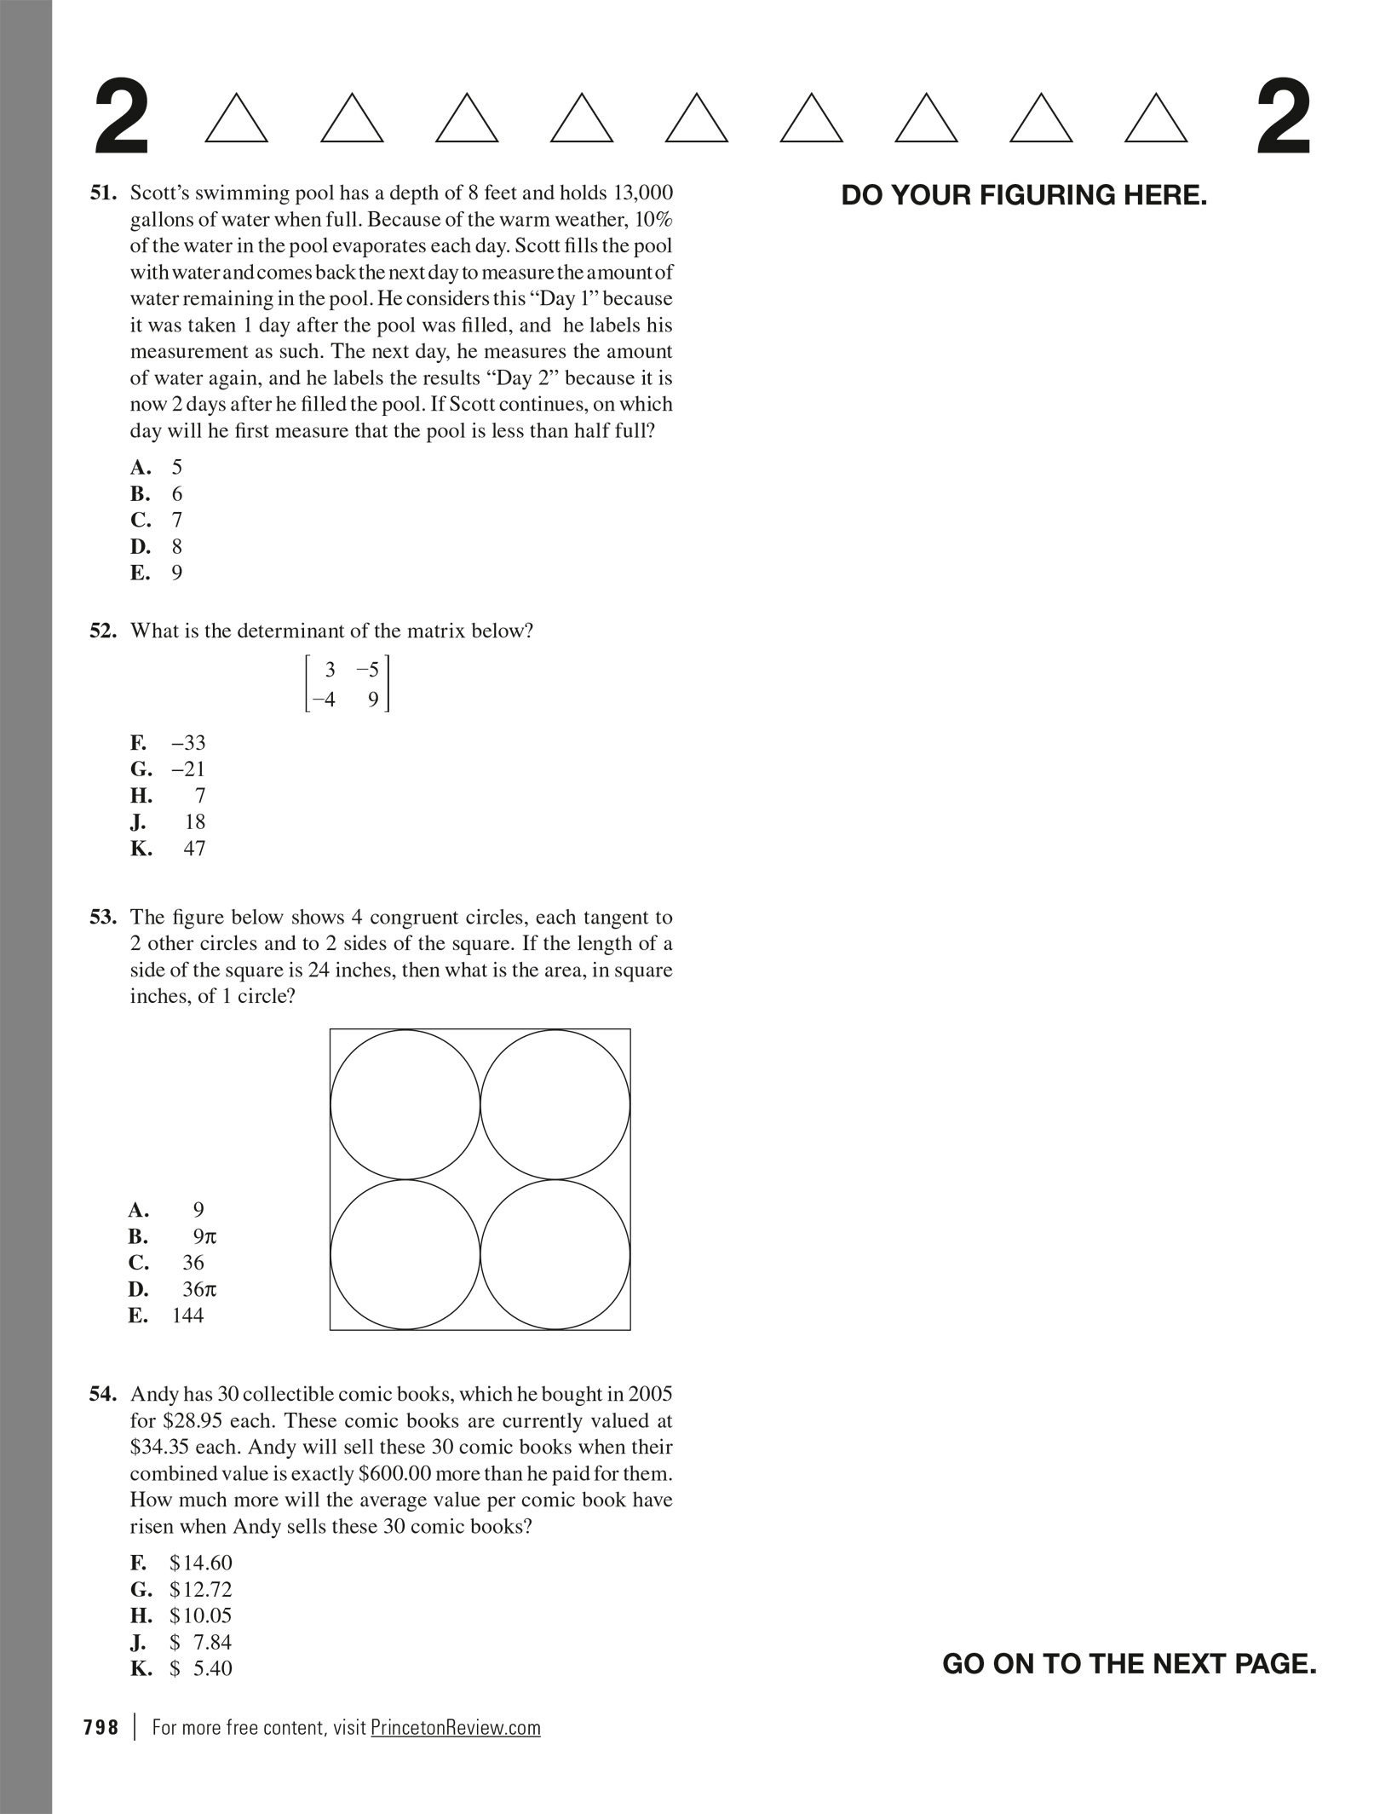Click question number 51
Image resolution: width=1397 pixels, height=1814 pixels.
pyautogui.click(x=103, y=193)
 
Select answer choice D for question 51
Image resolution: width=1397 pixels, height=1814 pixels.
pyautogui.click(x=156, y=546)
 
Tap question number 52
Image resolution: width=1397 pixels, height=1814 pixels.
pyautogui.click(x=103, y=631)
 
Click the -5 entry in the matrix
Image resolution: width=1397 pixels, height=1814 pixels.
pyautogui.click(x=368, y=670)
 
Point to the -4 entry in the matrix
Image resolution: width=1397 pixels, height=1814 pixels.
pyautogui.click(x=323, y=700)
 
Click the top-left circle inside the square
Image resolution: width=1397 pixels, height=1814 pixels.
pyautogui.click(x=405, y=1105)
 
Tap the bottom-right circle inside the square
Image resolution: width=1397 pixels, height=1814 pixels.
pyautogui.click(x=555, y=1255)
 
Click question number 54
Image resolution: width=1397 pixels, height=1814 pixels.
pyautogui.click(x=103, y=1395)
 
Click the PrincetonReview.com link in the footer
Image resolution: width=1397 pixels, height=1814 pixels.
pyautogui.click(x=456, y=1728)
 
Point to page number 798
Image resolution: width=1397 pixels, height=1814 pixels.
pyautogui.click(x=101, y=1728)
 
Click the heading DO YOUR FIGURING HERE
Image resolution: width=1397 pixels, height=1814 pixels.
pyautogui.click(x=1024, y=196)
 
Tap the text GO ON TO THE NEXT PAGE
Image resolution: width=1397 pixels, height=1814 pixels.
pyautogui.click(x=1129, y=1664)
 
